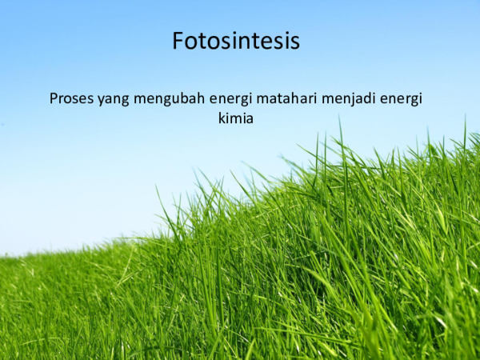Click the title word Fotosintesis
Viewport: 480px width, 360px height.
pyautogui.click(x=236, y=41)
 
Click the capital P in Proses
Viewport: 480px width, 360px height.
pyautogui.click(x=54, y=99)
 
